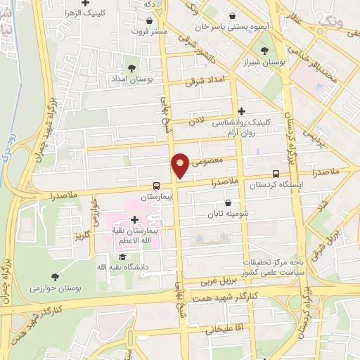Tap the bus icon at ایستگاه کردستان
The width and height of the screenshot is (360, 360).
276,174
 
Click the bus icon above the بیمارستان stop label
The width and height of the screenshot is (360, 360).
156,186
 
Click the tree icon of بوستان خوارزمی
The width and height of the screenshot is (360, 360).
56,277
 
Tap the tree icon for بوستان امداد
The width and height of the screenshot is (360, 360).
131,67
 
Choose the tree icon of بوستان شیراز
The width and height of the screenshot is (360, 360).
264,51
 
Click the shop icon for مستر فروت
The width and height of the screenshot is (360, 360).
149,22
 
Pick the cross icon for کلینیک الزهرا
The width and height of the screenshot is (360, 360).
86,4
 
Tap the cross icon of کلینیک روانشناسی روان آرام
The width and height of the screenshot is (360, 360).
241,111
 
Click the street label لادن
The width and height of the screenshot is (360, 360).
195,122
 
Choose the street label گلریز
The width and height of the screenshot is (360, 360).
84,233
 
